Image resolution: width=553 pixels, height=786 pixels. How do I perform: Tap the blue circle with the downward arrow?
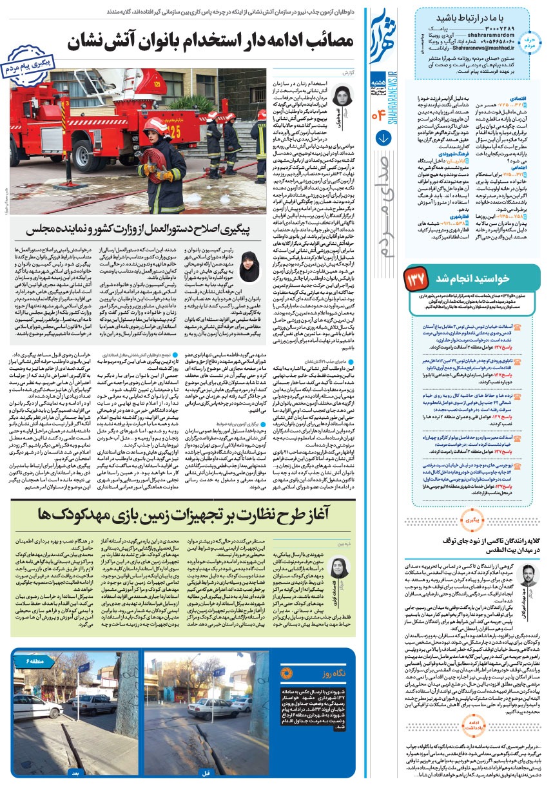click(x=382, y=138)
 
